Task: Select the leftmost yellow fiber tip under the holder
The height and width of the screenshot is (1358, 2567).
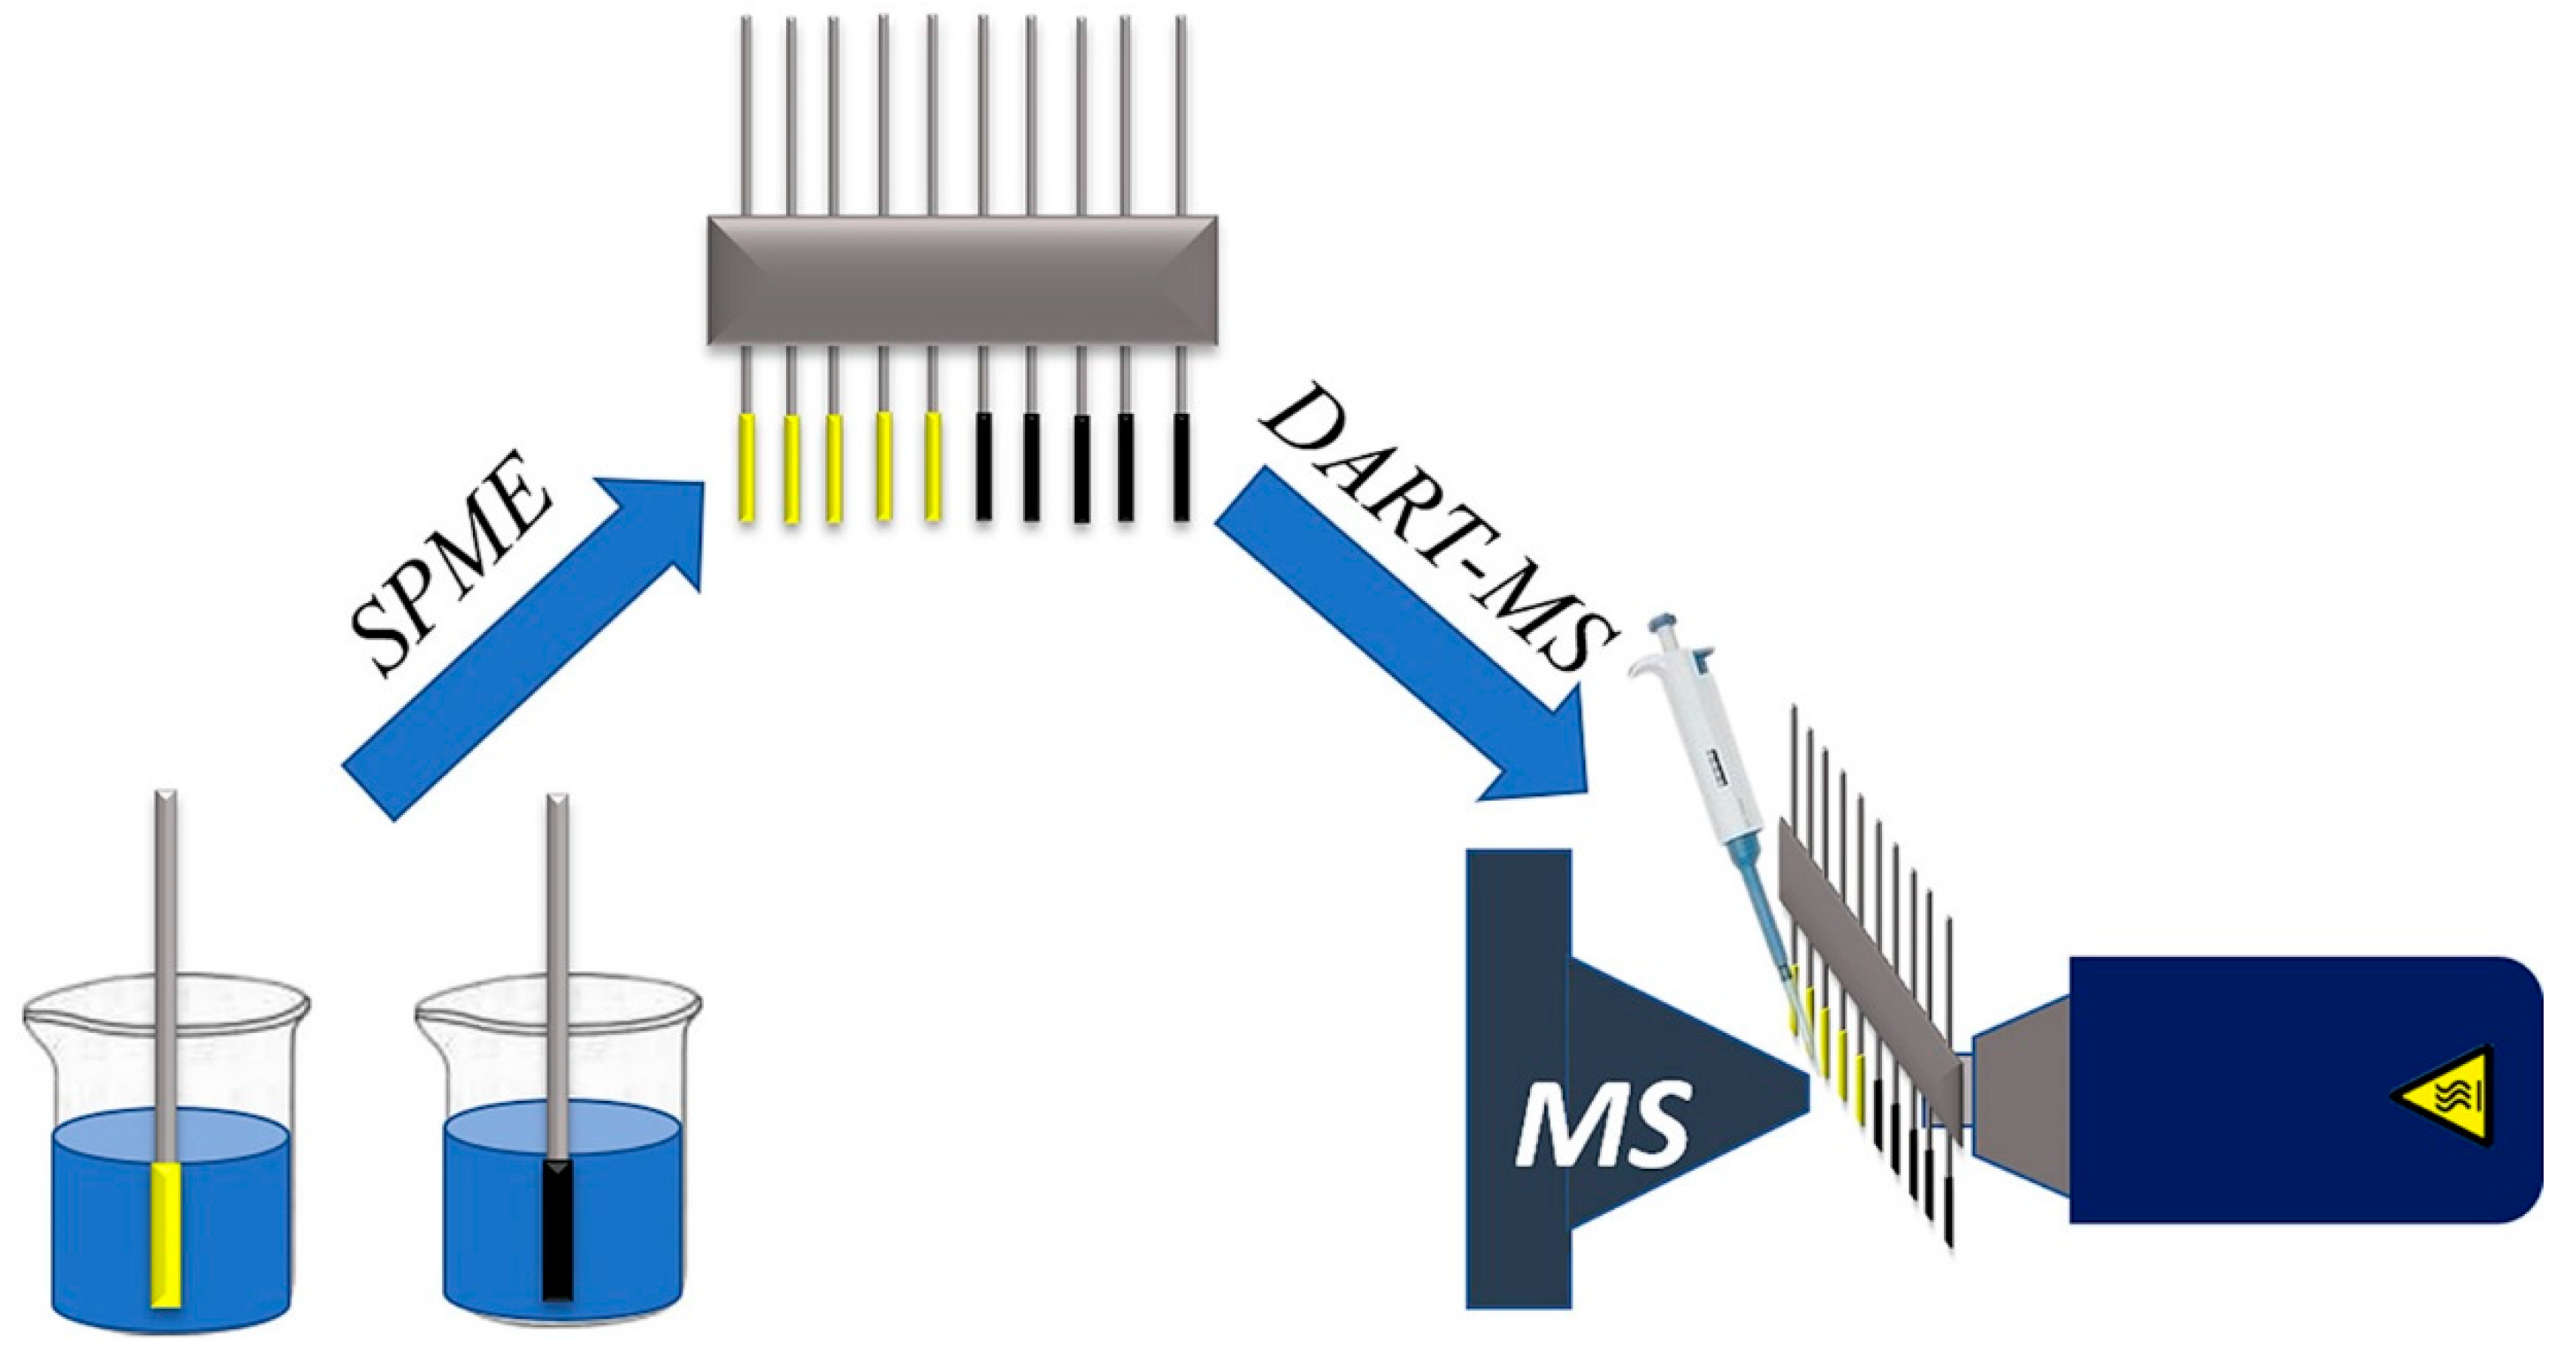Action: tap(745, 468)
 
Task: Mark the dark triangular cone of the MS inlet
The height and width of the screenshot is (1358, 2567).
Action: tap(1684, 1096)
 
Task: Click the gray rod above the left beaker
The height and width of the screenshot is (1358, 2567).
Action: tap(167, 946)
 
